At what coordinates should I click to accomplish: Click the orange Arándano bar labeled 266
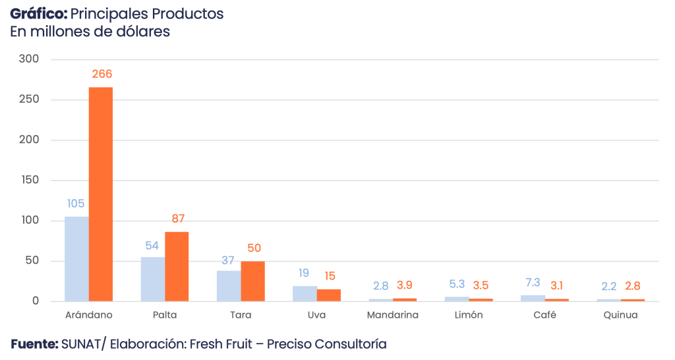tap(101, 194)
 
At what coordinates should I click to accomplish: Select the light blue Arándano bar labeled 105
tap(76, 258)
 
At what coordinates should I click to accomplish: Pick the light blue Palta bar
tap(152, 278)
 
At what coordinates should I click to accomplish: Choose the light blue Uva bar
tap(305, 293)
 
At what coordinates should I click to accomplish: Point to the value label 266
tap(102, 75)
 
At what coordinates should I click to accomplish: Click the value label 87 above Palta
tap(177, 218)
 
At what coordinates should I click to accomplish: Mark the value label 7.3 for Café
tap(533, 282)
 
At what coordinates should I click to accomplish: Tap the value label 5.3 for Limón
tap(456, 284)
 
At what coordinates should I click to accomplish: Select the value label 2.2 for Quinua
tap(608, 286)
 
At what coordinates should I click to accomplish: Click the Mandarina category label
tap(392, 315)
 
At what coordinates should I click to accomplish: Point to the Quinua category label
tap(620, 315)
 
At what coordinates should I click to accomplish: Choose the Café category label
tap(544, 315)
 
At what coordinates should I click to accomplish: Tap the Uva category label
tap(316, 315)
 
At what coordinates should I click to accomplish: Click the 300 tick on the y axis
tap(30, 59)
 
